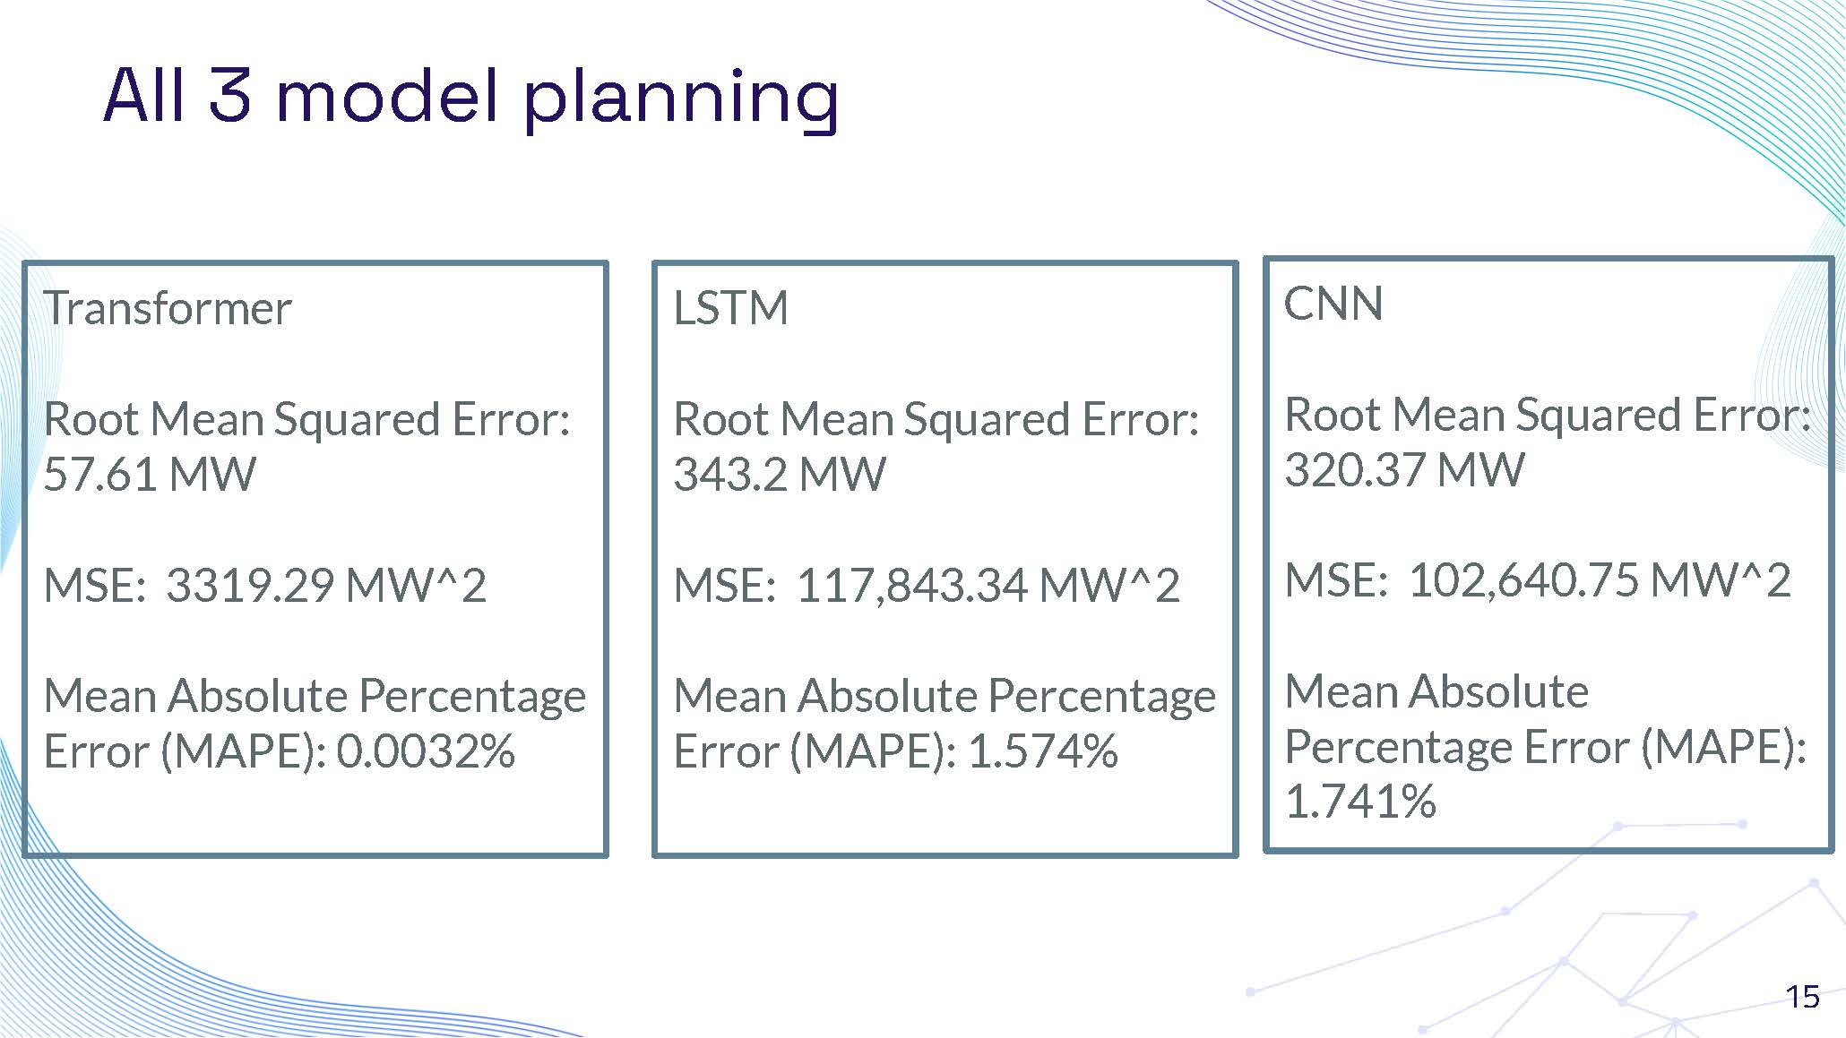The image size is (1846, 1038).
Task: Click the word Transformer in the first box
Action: pyautogui.click(x=168, y=309)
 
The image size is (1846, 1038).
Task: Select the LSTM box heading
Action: pyautogui.click(x=730, y=309)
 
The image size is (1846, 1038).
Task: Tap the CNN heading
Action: pyautogui.click(x=1333, y=305)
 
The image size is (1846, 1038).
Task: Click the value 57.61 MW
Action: pyautogui.click(x=149, y=475)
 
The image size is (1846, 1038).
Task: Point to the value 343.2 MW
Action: pyautogui.click(x=779, y=475)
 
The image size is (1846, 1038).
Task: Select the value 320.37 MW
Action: pyautogui.click(x=1403, y=470)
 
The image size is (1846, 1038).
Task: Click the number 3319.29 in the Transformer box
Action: pyautogui.click(x=250, y=586)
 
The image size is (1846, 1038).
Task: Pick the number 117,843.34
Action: pyautogui.click(x=911, y=586)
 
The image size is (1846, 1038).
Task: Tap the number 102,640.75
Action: pyautogui.click(x=1523, y=581)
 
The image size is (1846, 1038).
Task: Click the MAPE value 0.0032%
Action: pyautogui.click(x=426, y=751)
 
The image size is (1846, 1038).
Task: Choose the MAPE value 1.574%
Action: pyautogui.click(x=1043, y=751)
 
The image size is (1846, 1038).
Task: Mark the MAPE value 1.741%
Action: pyautogui.click(x=1359, y=802)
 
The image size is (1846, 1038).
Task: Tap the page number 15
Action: pyautogui.click(x=1802, y=997)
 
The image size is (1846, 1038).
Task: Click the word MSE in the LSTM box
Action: pyautogui.click(x=723, y=586)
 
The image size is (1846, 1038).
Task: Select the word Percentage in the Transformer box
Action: pyautogui.click(x=472, y=697)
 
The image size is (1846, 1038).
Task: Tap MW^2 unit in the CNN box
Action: pyautogui.click(x=1720, y=581)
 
